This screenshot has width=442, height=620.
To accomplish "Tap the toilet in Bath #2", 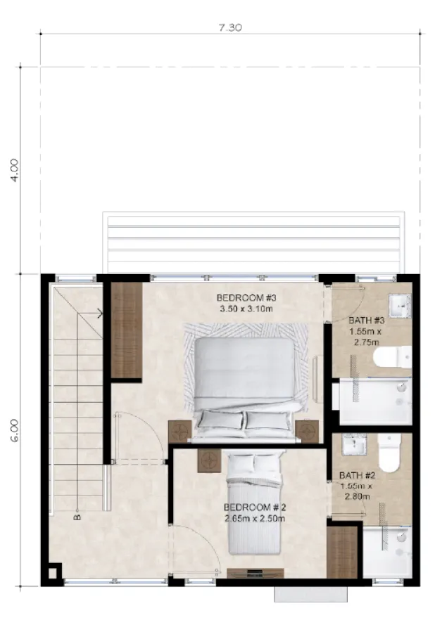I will point(389,453).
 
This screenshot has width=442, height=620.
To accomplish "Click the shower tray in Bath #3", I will point(373,401).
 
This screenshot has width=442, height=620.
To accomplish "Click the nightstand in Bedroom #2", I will point(209,460).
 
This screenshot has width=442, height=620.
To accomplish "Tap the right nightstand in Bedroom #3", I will point(307,431).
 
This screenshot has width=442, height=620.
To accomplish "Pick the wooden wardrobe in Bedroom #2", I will point(343,551).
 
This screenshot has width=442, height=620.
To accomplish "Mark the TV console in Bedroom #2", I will point(255,573).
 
